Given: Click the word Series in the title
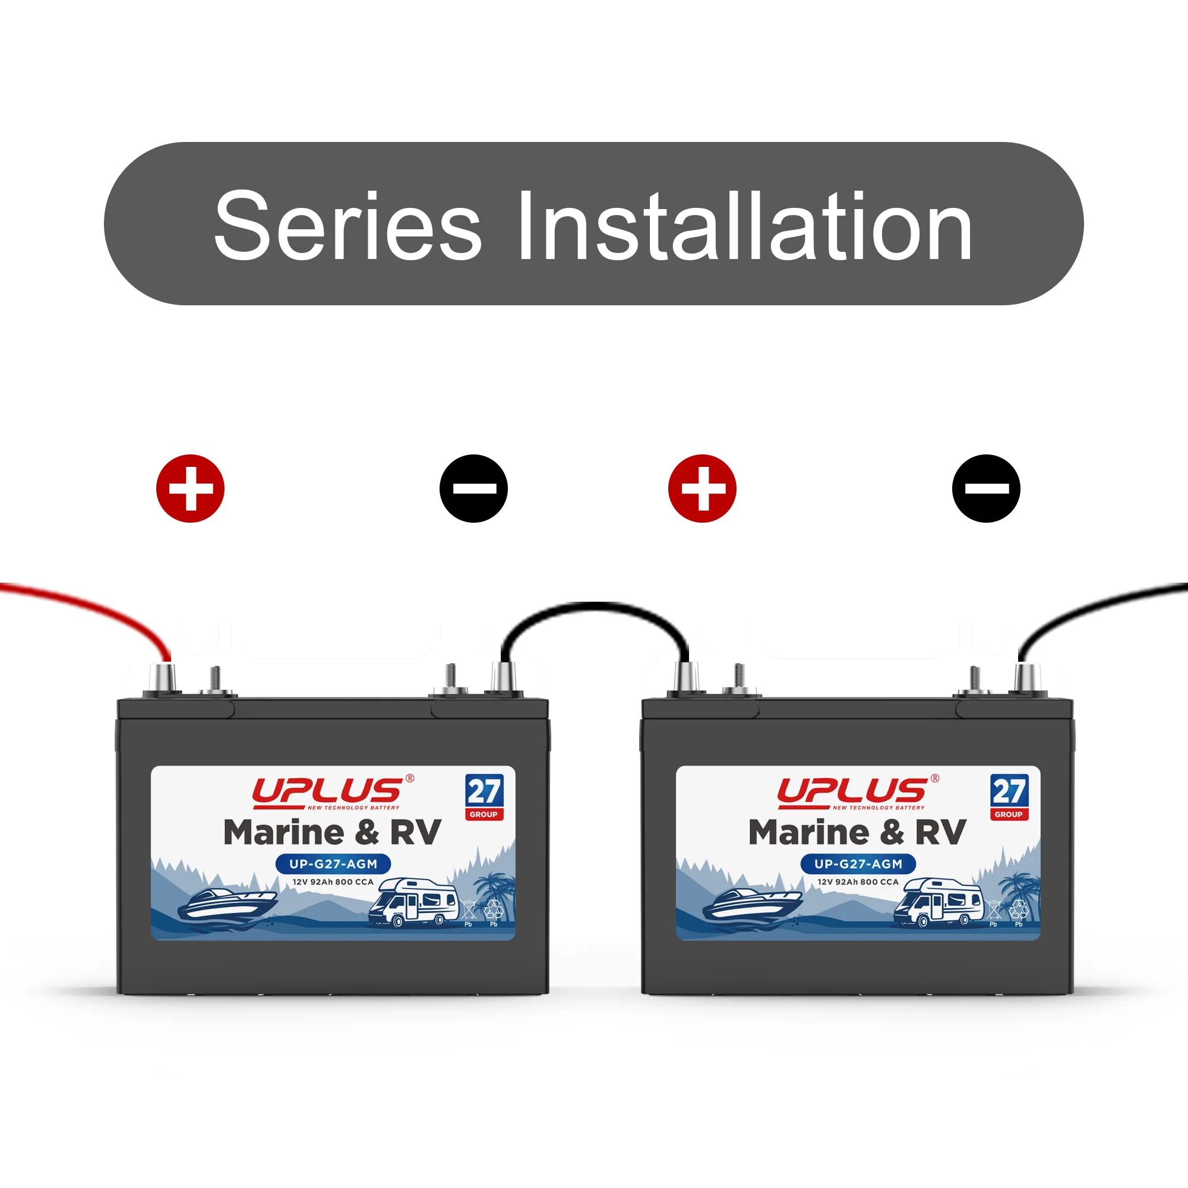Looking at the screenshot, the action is coord(348,225).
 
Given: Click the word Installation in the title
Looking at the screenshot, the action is coord(745,225).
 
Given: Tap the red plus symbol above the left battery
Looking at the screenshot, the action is coord(191,489).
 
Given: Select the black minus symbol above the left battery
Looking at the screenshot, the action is coord(473,489).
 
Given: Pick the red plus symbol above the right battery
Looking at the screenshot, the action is coord(702,489).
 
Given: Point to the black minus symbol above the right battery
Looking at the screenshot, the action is coord(986,489).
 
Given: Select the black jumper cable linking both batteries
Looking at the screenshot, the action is coord(594,606).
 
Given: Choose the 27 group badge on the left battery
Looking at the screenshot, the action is coord(485,798).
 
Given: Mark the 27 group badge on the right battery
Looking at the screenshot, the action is coord(1010,798).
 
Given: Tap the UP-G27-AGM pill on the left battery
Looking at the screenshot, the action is coord(333,864).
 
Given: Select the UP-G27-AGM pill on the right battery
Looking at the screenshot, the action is coord(858,864).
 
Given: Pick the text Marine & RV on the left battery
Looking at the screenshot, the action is coord(333,833).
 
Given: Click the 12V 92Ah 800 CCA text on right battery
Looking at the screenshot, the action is coord(858,881).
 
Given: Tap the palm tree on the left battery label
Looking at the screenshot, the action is coord(495,895).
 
